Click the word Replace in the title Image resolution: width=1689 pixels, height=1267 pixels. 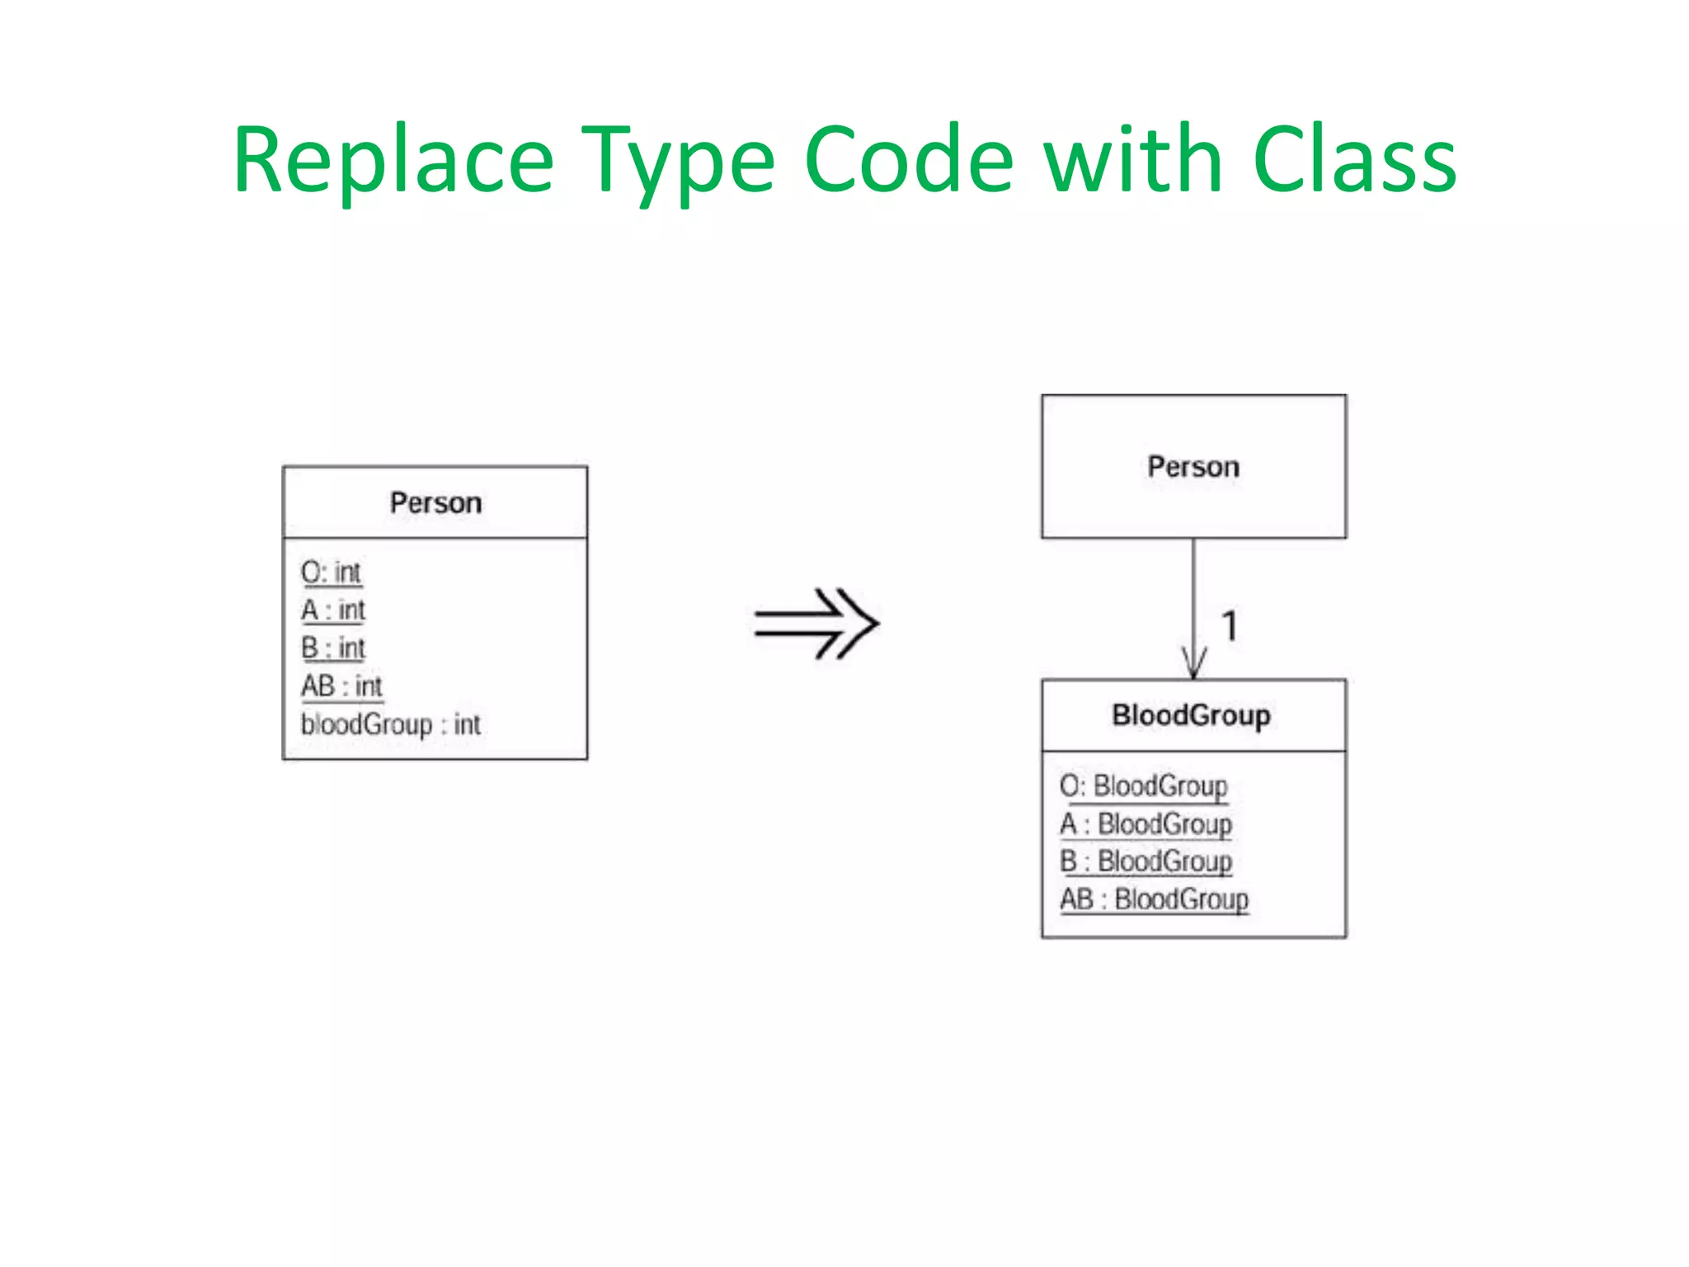(393, 161)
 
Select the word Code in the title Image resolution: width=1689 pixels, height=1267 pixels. (908, 161)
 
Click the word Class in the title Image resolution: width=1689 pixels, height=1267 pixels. (1354, 161)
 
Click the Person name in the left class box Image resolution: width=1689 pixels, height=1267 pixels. (435, 503)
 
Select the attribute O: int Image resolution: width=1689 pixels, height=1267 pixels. (331, 572)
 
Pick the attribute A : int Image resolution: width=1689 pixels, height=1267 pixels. (333, 610)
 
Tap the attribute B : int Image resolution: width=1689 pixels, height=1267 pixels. (333, 648)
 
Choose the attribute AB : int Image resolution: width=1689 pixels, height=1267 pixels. (341, 686)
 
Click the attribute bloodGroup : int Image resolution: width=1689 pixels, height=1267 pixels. (390, 724)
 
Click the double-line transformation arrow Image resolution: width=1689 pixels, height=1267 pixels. (816, 624)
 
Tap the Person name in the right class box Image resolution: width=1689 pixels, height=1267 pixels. (1193, 467)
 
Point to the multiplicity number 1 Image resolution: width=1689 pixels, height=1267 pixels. (1230, 626)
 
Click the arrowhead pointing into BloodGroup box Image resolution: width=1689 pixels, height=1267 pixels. (1193, 664)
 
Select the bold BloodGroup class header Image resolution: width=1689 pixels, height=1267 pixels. (1191, 715)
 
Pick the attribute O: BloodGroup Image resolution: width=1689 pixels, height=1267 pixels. (1144, 786)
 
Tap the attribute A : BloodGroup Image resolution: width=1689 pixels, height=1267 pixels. (1146, 824)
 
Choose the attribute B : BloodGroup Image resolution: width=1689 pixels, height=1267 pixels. (1146, 861)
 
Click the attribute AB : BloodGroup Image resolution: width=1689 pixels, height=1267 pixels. (1155, 899)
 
